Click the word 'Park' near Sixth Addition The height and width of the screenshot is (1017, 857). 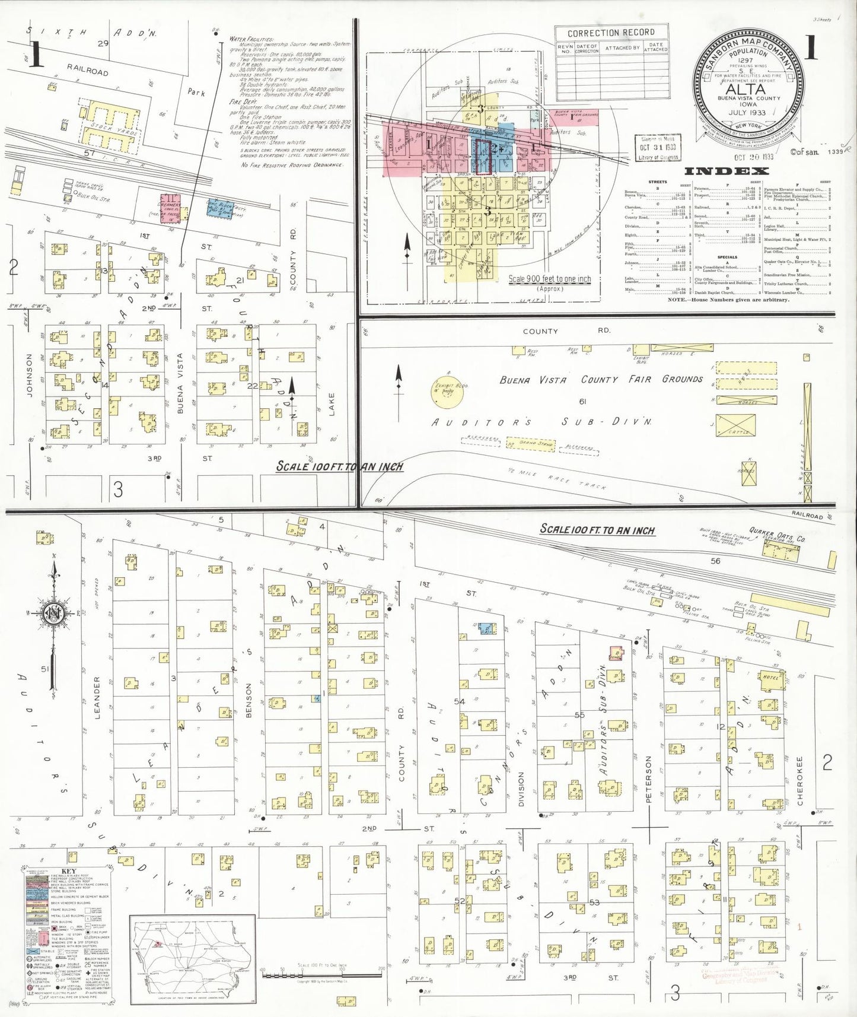coord(196,92)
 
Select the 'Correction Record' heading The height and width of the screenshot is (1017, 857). coord(611,33)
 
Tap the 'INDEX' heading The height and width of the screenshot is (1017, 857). coord(727,171)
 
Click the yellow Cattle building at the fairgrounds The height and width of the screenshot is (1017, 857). coord(735,425)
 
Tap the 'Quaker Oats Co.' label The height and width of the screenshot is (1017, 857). coord(777,535)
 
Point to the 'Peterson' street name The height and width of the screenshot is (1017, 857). coord(648,779)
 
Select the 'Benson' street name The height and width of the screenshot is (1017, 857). coord(249,700)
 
